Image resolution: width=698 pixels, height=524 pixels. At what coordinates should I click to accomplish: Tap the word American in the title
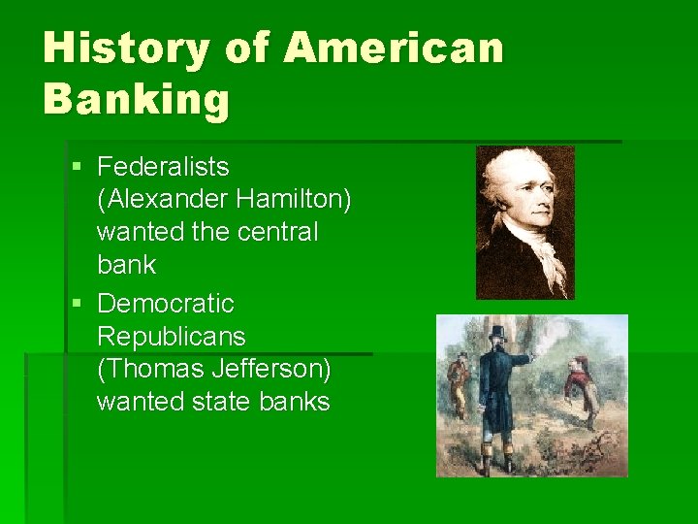(396, 49)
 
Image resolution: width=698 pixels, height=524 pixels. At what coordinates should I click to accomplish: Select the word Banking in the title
(136, 99)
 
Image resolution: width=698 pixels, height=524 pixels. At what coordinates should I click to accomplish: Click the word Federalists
(163, 167)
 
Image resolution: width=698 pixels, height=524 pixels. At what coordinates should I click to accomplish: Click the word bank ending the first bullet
(126, 265)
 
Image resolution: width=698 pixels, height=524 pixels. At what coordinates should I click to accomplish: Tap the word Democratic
(166, 304)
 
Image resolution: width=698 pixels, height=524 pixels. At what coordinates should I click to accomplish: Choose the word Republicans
(172, 337)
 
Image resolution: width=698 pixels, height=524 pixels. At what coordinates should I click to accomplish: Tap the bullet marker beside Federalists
(78, 168)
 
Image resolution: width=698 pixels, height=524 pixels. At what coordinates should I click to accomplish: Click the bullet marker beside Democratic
(78, 305)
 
